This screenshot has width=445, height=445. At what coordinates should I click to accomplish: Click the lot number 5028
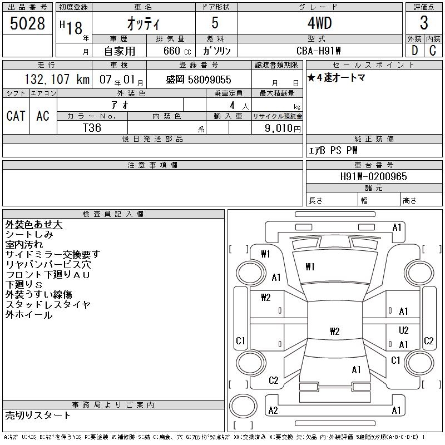28,24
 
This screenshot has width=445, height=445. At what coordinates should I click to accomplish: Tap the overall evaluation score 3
424,24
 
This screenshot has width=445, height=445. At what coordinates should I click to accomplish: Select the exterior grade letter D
414,50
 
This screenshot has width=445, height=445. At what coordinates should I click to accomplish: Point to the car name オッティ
143,24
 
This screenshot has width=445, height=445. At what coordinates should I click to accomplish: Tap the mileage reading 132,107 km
49,80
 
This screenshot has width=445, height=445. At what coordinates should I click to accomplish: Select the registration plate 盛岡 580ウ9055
199,80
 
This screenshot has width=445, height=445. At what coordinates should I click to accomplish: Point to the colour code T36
92,127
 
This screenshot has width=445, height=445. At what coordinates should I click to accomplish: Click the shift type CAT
16,116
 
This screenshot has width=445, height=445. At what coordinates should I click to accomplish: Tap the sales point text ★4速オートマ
337,78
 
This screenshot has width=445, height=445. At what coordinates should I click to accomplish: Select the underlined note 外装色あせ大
34,225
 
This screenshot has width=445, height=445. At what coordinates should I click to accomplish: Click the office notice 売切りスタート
38,415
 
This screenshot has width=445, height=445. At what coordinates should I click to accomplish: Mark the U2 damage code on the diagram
404,330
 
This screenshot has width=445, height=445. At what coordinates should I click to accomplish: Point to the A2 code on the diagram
273,410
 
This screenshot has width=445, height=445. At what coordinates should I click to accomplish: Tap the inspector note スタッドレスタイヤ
48,305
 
